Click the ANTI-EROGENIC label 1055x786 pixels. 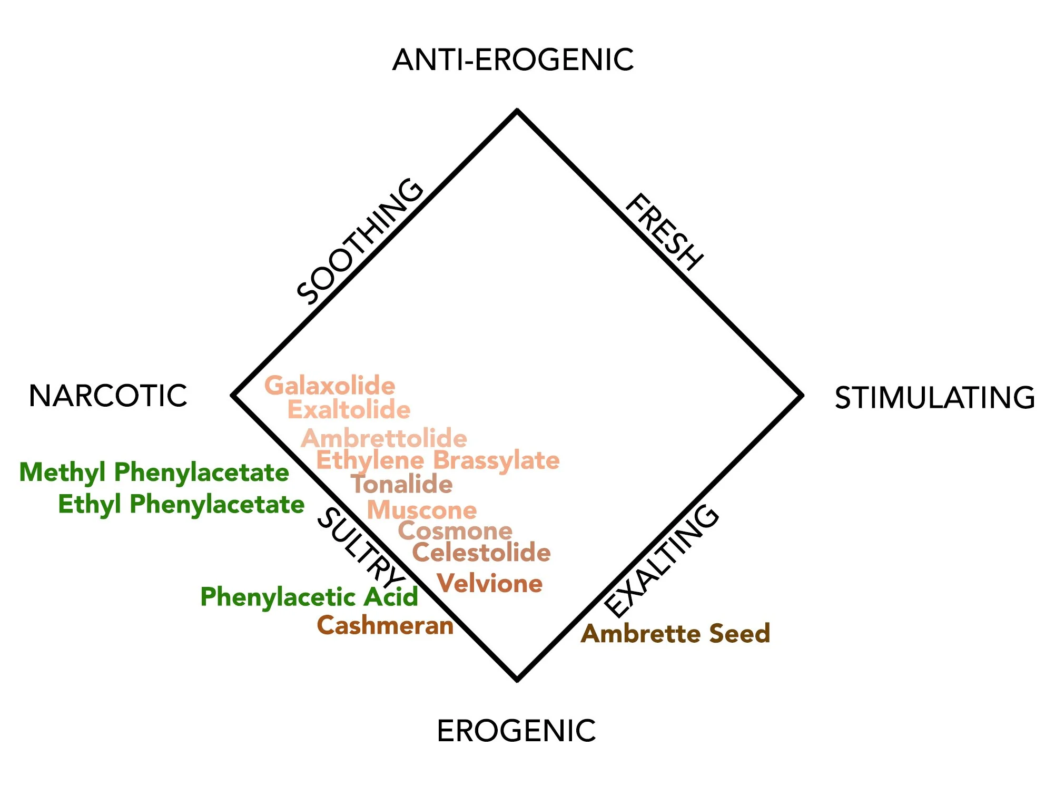click(x=513, y=60)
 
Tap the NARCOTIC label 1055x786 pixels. click(x=108, y=396)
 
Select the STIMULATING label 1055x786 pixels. click(x=935, y=398)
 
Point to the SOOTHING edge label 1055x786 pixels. click(x=360, y=241)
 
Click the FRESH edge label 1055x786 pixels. click(x=664, y=232)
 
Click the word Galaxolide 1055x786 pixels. click(x=330, y=386)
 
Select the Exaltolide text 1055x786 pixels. click(x=349, y=410)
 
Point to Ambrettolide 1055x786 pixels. click(x=384, y=438)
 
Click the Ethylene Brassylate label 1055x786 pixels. click(x=437, y=460)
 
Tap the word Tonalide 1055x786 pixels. click(x=401, y=484)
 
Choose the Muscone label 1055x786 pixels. click(x=422, y=510)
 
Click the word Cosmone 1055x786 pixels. click(x=455, y=531)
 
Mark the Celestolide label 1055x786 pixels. click(x=481, y=553)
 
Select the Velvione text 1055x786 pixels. click(x=490, y=584)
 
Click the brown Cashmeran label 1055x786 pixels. click(x=385, y=626)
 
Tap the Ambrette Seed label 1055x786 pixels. click(x=675, y=633)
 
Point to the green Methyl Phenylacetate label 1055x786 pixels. click(x=154, y=473)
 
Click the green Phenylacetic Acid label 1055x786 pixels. click(x=309, y=597)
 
